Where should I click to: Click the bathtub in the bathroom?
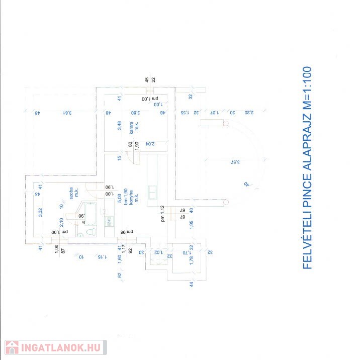90,213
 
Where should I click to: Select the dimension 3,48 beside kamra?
120,126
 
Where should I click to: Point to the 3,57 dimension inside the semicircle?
232,162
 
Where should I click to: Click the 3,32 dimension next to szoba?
40,212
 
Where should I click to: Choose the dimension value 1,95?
191,225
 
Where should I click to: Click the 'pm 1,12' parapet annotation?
162,213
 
